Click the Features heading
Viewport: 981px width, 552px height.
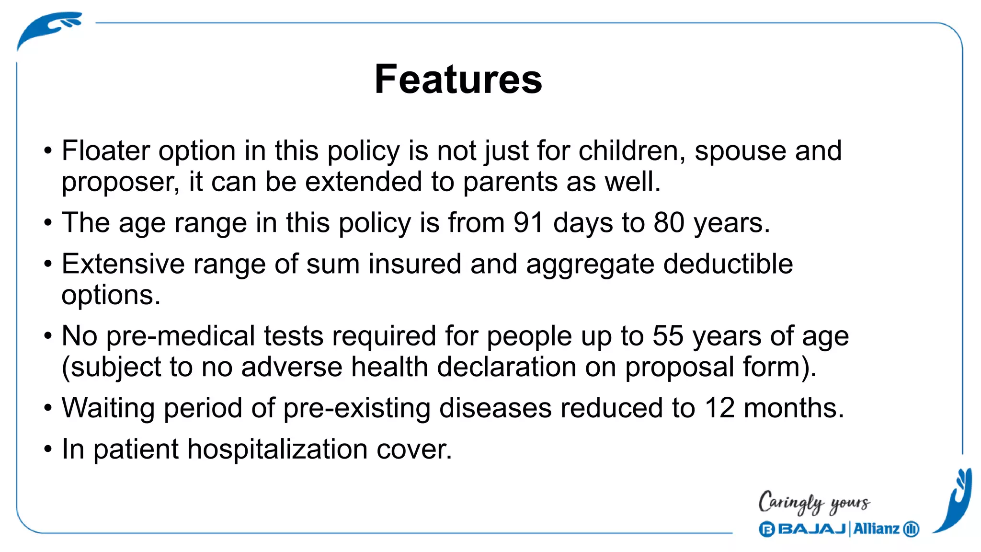[x=458, y=80]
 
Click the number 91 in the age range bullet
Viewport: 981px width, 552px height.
[x=528, y=223]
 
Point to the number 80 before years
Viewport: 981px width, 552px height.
[x=669, y=223]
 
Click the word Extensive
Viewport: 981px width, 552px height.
[x=123, y=264]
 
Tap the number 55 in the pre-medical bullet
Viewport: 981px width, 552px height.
[x=668, y=336]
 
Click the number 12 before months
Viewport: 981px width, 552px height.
[x=719, y=408]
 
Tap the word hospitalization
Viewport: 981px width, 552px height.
[x=277, y=449]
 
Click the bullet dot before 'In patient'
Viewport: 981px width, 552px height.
[x=47, y=450]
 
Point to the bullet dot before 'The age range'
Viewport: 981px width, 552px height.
[x=47, y=223]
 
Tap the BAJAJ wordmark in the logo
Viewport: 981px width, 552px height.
[x=811, y=529]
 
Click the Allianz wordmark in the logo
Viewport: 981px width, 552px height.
[x=876, y=529]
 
